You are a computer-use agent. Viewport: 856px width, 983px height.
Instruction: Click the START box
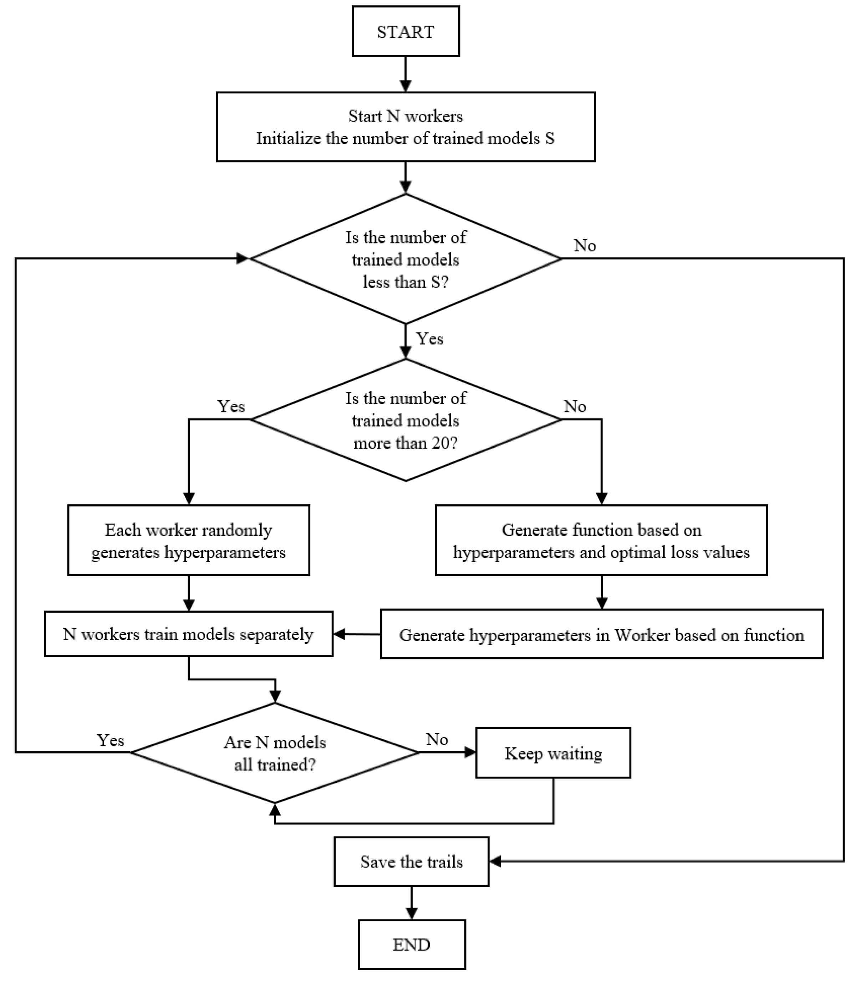406,31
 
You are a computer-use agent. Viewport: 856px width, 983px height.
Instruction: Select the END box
411,945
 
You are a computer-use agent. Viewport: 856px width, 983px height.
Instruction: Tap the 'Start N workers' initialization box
406,127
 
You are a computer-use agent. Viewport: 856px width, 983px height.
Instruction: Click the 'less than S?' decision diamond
406,259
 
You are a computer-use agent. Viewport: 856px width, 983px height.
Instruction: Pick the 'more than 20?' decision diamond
406,420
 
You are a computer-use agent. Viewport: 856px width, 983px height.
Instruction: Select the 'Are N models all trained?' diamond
275,753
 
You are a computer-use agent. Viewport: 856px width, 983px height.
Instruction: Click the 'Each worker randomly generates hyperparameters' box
188,540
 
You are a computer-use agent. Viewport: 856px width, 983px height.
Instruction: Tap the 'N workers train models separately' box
188,634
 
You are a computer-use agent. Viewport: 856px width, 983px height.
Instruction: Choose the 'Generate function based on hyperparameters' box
601,540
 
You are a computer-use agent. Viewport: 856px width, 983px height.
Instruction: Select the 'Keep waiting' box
553,753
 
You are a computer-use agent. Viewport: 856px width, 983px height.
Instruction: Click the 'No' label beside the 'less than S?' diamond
585,245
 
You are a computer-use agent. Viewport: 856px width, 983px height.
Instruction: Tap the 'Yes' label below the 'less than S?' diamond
429,339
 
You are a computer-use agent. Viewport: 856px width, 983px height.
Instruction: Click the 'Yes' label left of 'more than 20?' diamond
231,406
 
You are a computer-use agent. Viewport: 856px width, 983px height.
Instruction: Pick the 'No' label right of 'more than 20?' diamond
575,406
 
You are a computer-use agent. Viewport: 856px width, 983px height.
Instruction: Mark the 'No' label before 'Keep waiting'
437,739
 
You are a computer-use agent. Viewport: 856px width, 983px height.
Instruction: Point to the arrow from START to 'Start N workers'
406,74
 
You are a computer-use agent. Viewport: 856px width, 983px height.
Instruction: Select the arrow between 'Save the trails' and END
411,903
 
